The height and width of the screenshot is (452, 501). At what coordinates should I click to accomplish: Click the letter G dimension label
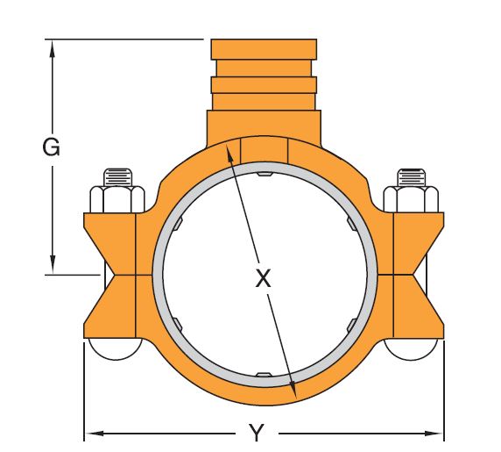pos(52,147)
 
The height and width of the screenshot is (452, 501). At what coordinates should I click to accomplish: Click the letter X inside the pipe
pos(263,279)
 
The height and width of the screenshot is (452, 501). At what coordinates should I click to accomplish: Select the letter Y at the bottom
pos(256,434)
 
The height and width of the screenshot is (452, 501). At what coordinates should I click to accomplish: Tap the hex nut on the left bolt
pos(116,200)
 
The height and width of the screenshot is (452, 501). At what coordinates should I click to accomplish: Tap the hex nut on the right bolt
pos(411,200)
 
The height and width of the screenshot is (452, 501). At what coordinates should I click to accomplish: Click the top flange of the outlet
pos(264,48)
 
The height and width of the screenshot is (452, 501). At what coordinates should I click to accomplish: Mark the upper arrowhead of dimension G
pos(53,47)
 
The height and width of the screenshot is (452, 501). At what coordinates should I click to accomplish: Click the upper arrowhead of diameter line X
pos(229,150)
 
